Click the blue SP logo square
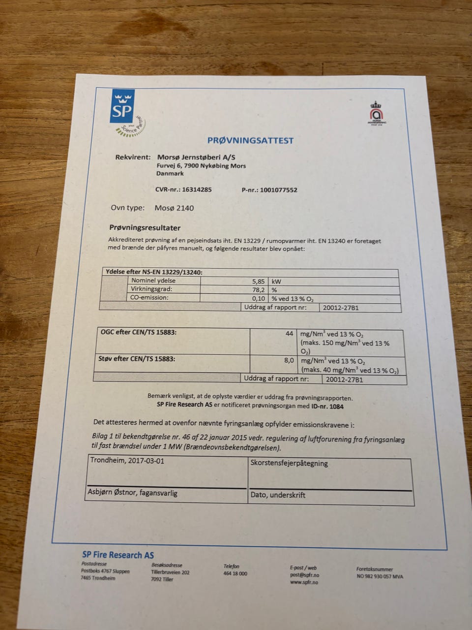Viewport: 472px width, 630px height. [122, 107]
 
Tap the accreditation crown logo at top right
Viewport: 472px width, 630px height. [377, 113]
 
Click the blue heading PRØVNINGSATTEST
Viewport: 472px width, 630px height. [250, 140]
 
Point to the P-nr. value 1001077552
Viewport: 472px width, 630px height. [278, 190]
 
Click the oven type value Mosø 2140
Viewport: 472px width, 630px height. [174, 208]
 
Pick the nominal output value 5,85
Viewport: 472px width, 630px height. [259, 281]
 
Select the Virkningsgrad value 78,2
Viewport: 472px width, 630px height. [259, 290]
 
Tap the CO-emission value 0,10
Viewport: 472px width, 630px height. [259, 298]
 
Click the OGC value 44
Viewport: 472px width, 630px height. [289, 334]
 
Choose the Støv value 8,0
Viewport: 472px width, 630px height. [289, 360]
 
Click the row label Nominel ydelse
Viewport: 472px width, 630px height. [153, 281]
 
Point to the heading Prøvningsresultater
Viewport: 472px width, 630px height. [145, 228]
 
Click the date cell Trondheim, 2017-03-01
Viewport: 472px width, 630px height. [127, 461]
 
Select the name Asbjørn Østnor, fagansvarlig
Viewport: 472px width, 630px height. [132, 493]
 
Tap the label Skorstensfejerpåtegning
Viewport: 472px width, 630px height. [289, 463]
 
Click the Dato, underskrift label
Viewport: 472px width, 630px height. [278, 495]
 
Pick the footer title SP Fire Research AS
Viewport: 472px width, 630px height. [118, 555]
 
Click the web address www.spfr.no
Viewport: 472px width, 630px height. [304, 582]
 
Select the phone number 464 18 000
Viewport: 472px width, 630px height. [235, 573]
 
